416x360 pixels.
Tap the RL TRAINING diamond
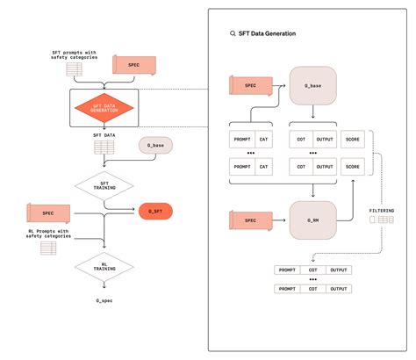pyautogui.click(x=104, y=266)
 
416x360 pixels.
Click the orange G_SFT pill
pyautogui.click(x=154, y=212)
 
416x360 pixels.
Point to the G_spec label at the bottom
pyautogui.click(x=104, y=301)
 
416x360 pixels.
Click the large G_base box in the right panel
pyautogui.click(x=313, y=87)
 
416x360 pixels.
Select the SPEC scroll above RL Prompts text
pyautogui.click(x=48, y=212)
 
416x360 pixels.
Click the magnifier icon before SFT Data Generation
pyautogui.click(x=232, y=33)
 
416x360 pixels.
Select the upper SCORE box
pyautogui.click(x=351, y=140)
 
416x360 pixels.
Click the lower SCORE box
pyautogui.click(x=351, y=166)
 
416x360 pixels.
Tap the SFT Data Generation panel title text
pyautogui.click(x=268, y=33)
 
